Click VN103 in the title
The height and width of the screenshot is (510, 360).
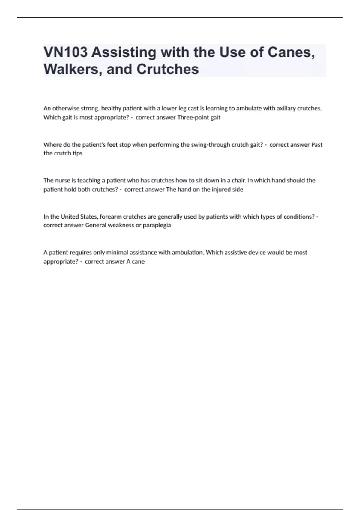[66, 52]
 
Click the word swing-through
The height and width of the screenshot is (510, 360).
[211, 145]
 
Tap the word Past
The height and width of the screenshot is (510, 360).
[317, 145]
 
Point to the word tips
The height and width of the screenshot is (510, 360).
[77, 153]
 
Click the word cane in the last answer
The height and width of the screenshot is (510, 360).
[138, 262]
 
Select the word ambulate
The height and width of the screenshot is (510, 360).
[247, 108]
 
